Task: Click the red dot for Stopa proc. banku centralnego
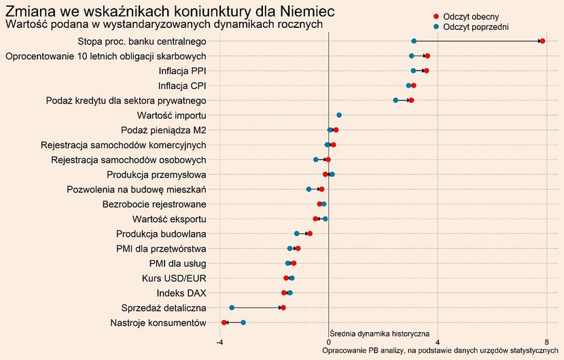click(542, 41)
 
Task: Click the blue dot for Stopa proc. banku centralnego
click(414, 41)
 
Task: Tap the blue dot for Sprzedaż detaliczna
click(232, 308)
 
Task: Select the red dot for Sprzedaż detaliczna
click(283, 308)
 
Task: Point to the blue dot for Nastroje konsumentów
click(243, 323)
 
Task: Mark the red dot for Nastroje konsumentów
click(224, 323)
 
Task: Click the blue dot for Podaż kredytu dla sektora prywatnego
click(395, 101)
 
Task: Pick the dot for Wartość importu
click(339, 115)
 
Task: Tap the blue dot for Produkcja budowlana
click(297, 234)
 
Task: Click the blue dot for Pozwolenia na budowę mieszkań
click(309, 190)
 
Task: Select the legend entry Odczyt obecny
click(465, 16)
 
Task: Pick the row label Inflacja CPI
click(182, 86)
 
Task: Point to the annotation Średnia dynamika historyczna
click(379, 334)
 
